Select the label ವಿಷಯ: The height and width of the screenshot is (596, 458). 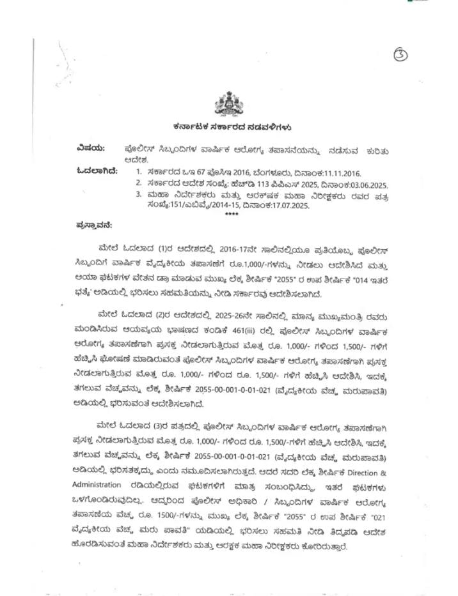pyautogui.click(x=89, y=148)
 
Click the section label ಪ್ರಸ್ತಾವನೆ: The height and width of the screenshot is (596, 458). pyautogui.click(x=94, y=224)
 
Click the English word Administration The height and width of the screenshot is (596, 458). pyautogui.click(x=97, y=484)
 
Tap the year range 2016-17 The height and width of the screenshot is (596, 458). pyautogui.click(x=237, y=248)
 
